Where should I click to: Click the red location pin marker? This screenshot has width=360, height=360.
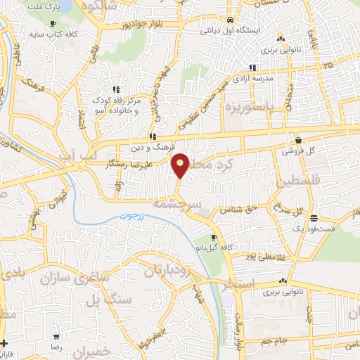pos(181,165)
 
